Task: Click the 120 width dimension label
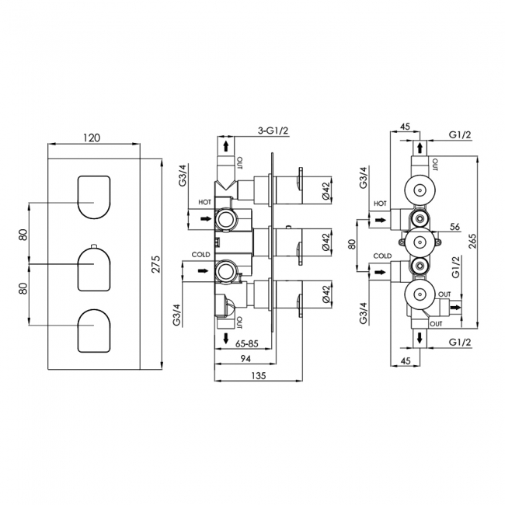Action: point(92,138)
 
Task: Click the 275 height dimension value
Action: point(156,264)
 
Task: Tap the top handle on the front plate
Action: point(94,197)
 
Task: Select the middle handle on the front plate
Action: point(94,269)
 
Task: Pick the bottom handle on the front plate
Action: point(94,331)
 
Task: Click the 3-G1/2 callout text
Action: point(273,131)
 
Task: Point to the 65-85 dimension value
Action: point(247,343)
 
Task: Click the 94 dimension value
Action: point(246,359)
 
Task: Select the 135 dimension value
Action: point(258,375)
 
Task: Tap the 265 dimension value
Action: point(472,241)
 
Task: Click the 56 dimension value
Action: point(454,227)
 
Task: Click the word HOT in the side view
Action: point(204,202)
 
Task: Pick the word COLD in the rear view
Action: point(382,256)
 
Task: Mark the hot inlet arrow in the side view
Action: point(206,219)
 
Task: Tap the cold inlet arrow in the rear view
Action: point(381,273)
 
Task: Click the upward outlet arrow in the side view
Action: point(226,146)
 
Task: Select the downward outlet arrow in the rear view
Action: point(420,338)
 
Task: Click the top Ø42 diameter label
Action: point(326,190)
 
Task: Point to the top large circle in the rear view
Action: point(420,190)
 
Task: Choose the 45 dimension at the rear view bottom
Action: point(406,360)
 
